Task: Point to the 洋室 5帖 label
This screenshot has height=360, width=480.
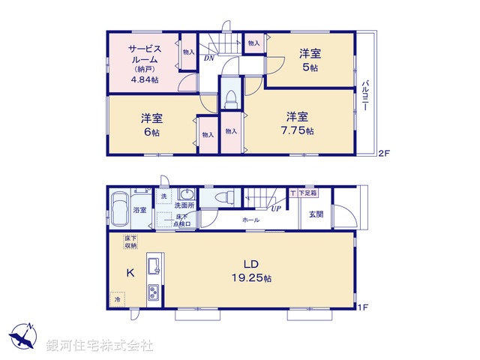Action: (x=310, y=59)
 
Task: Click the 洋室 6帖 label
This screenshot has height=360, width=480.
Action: (x=151, y=124)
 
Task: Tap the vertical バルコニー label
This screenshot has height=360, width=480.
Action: (x=365, y=95)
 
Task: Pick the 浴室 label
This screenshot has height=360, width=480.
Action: (x=139, y=211)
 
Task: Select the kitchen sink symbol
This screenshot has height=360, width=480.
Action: (x=153, y=265)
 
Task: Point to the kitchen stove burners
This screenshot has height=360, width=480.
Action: (x=152, y=292)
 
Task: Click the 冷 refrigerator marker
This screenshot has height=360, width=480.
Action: (x=117, y=299)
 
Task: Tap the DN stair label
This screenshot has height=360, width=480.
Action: (x=208, y=57)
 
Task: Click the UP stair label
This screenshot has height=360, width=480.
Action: (x=276, y=208)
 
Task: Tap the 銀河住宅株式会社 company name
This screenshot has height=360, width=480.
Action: (x=100, y=346)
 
